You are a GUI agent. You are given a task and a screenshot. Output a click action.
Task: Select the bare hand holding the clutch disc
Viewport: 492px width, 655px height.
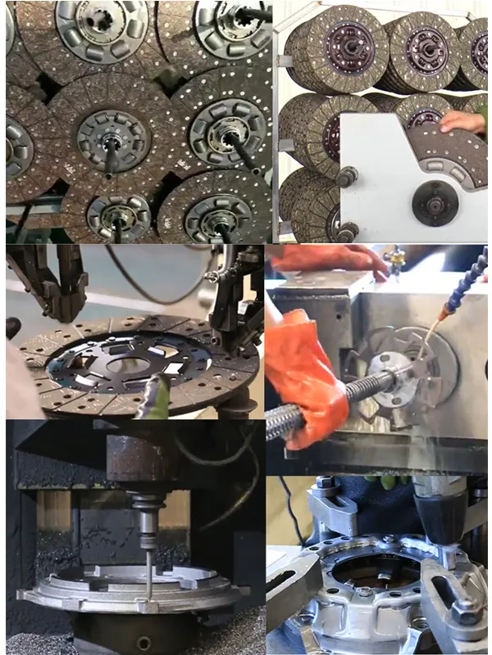tap(464, 122)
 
